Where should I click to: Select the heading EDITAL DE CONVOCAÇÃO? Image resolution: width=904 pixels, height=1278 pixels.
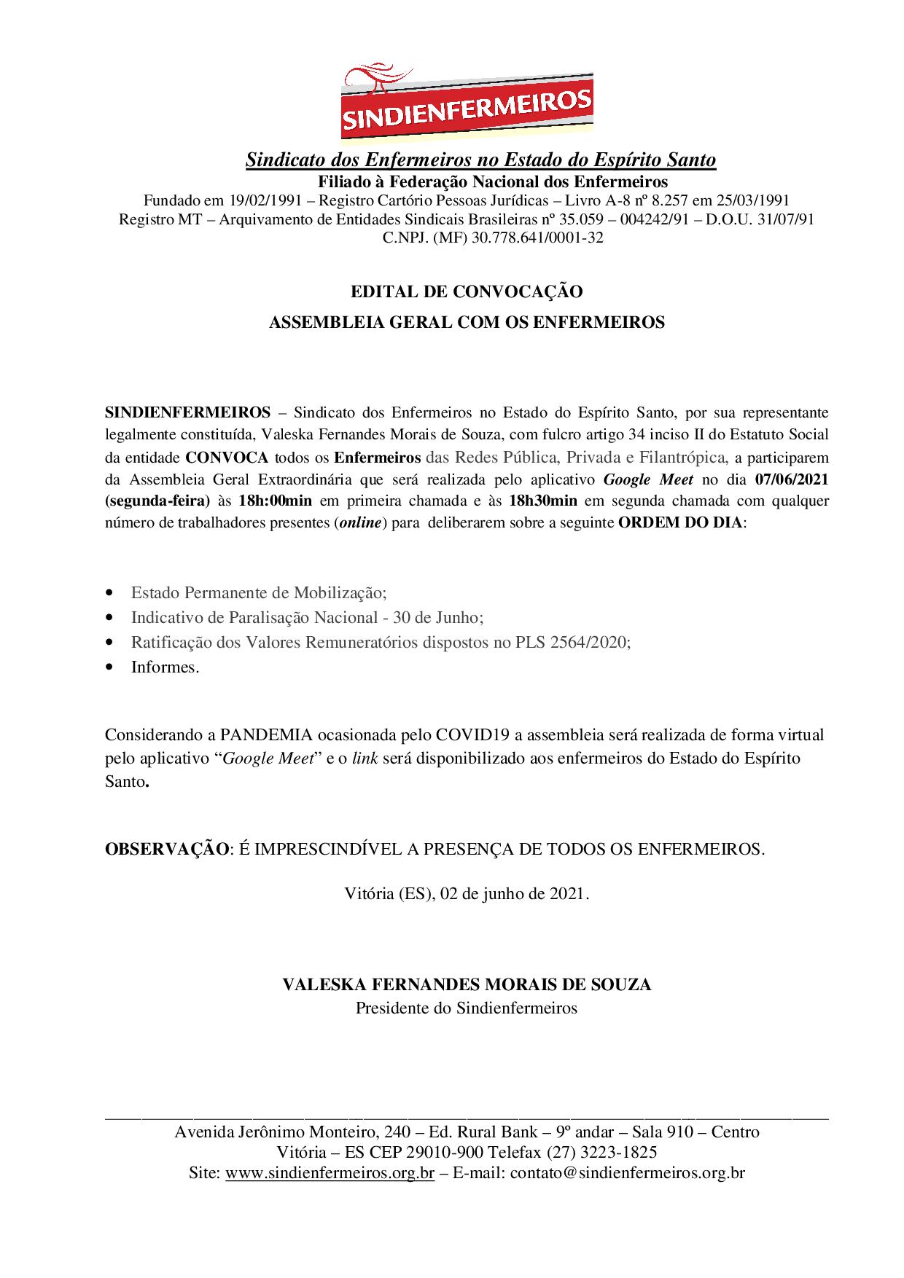pos(467,292)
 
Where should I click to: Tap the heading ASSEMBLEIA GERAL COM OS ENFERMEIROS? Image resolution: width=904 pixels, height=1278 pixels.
pos(467,322)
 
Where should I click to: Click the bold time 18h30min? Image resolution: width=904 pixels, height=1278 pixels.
pos(543,501)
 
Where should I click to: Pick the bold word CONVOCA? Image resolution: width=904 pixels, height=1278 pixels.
pos(227,458)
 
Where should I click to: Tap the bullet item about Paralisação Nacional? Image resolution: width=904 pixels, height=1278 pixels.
pos(307,617)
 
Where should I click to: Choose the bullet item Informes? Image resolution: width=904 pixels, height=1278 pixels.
pos(165,667)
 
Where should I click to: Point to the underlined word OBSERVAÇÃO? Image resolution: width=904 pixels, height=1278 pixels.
pos(166,849)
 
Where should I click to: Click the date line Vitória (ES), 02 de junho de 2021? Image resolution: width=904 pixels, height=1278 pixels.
pos(467,893)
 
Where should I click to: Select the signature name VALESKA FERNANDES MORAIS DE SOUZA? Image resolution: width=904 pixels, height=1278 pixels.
pos(467,984)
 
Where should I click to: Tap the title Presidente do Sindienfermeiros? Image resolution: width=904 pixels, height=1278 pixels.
pos(467,1008)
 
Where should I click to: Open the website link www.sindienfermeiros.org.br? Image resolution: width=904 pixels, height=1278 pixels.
pos(330,1173)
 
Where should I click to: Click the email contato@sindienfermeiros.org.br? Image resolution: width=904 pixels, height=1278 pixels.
pos(627,1173)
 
